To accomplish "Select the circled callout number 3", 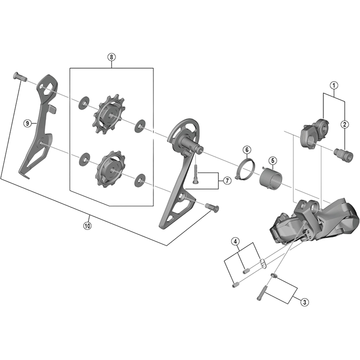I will pyautogui.click(x=305, y=302).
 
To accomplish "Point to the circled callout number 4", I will pyautogui.click(x=235, y=242).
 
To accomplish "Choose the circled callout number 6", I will pyautogui.click(x=247, y=149).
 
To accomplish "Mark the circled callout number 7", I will pyautogui.click(x=226, y=180).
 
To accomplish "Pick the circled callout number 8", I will pyautogui.click(x=111, y=57).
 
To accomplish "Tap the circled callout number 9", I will pyautogui.click(x=28, y=123).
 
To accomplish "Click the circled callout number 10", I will pyautogui.click(x=87, y=226).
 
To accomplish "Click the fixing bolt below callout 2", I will pyautogui.click(x=344, y=155).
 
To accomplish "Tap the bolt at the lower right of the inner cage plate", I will pyautogui.click(x=211, y=207).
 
